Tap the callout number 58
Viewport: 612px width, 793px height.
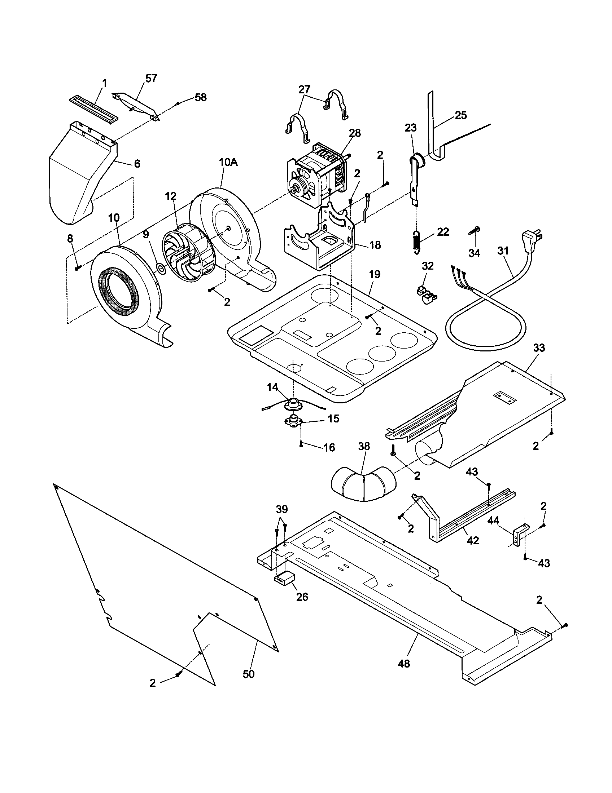point(200,97)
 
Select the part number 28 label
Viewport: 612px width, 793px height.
point(355,133)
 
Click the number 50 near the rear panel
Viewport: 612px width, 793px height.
point(249,674)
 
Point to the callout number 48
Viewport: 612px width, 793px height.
point(404,663)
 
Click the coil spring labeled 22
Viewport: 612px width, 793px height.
point(417,240)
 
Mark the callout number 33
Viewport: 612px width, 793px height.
point(539,348)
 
